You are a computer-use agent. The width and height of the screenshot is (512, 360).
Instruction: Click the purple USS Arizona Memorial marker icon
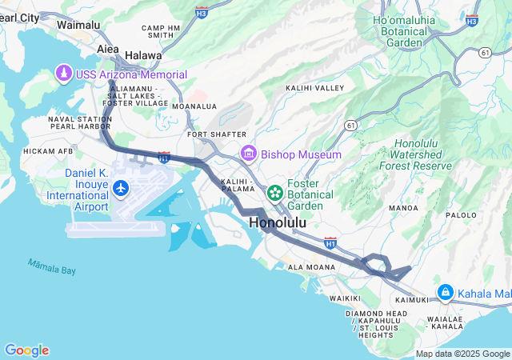point(63,74)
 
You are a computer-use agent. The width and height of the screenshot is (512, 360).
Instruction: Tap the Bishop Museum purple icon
point(248,154)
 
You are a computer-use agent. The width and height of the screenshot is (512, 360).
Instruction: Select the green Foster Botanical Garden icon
point(275,192)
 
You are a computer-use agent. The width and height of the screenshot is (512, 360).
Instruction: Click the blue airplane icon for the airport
point(121,188)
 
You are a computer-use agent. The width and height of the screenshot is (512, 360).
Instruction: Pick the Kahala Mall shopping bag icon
point(445,294)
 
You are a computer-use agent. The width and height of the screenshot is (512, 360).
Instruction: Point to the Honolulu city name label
point(278,223)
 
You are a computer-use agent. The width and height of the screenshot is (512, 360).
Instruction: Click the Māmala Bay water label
point(52,266)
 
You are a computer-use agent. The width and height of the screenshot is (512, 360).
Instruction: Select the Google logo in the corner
point(26,350)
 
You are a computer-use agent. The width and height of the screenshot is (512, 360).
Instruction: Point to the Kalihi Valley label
point(314,88)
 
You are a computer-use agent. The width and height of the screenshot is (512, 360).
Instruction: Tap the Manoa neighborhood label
point(403,208)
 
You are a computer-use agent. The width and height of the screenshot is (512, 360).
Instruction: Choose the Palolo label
point(461,215)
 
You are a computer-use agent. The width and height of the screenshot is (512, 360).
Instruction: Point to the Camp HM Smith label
point(160,31)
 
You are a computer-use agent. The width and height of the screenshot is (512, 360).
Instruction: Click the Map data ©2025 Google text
point(462,354)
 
